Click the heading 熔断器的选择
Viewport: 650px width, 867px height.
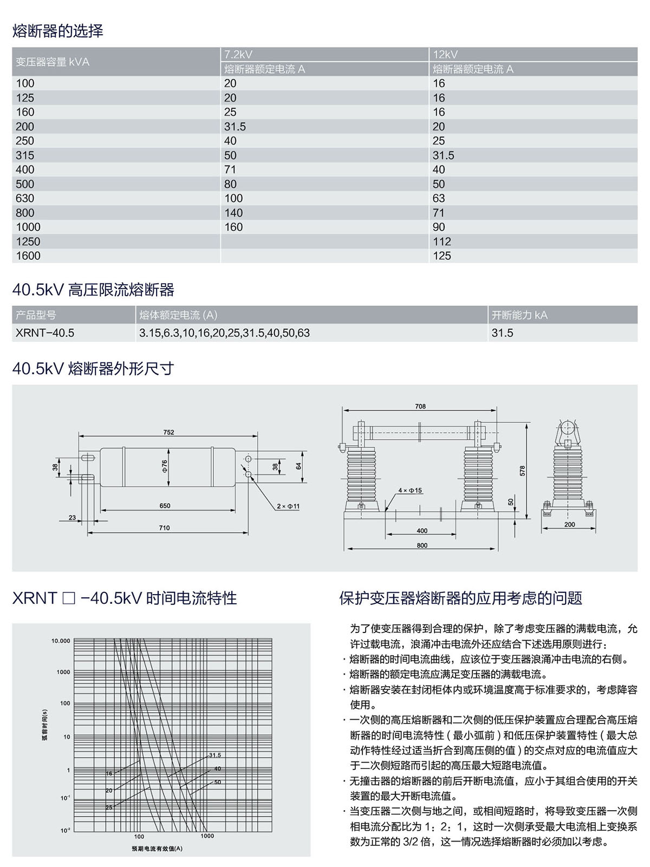(57, 31)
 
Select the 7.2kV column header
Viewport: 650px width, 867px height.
(238, 54)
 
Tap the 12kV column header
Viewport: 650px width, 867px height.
(445, 54)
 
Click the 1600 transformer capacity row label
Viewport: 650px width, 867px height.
(28, 256)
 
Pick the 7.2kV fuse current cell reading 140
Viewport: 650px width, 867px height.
(234, 213)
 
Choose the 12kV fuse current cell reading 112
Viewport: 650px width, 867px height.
(442, 242)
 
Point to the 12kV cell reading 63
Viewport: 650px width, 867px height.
(439, 198)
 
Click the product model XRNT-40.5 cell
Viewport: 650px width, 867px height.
(45, 333)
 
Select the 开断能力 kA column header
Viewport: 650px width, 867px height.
(519, 315)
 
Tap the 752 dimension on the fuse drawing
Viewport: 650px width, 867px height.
(168, 432)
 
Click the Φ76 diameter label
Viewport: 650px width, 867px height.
(165, 464)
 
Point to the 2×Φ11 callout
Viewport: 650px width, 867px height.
(288, 506)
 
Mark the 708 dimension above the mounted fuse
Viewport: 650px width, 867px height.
(420, 406)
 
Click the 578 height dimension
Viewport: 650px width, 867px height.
(522, 470)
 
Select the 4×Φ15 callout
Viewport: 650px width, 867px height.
(410, 490)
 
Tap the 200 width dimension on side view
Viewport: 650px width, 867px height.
(570, 524)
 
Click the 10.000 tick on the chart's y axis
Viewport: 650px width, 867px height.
(61, 641)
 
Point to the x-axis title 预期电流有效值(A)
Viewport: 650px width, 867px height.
(157, 848)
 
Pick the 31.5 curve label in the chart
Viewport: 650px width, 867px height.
(215, 755)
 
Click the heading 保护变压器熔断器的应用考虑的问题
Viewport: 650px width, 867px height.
(460, 598)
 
